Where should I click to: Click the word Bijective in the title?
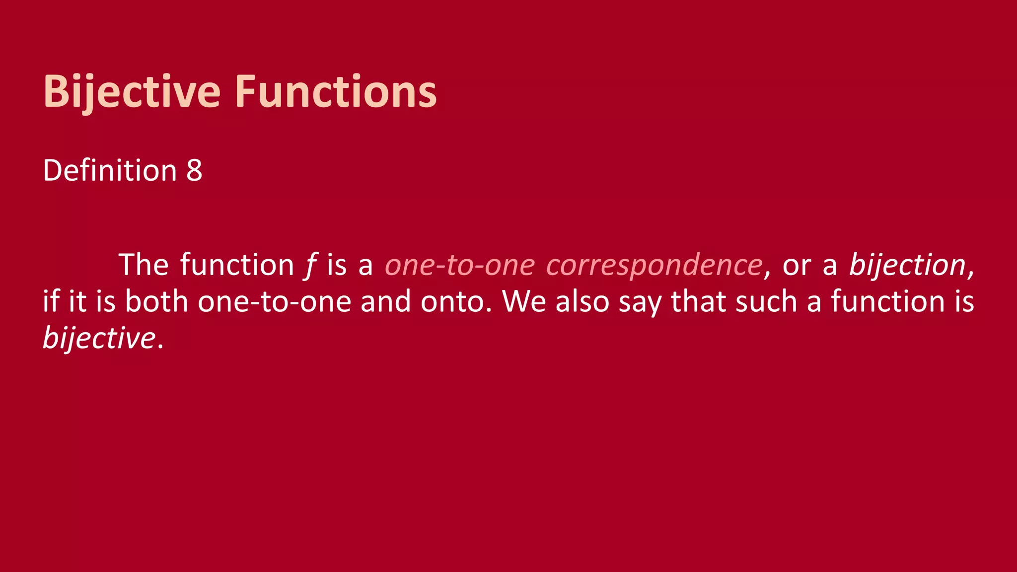tap(132, 91)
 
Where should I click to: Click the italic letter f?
tap(310, 265)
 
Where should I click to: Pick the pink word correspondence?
tap(654, 265)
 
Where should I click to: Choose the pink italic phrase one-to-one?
tap(460, 265)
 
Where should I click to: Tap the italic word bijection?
tap(907, 265)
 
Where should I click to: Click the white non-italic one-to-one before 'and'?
tap(275, 301)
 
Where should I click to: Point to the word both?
tap(156, 301)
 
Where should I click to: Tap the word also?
tap(582, 301)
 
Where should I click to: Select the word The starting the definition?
tap(144, 265)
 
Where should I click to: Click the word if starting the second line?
tap(51, 301)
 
